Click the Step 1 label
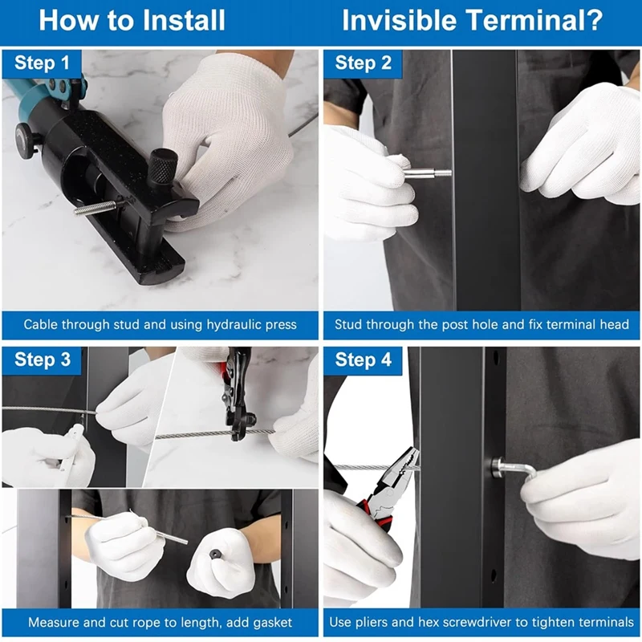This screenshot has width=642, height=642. (42, 63)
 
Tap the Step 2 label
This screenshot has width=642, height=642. (364, 63)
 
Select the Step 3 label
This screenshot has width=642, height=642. (43, 360)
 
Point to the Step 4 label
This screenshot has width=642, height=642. (364, 360)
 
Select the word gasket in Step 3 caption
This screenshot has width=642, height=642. (271, 623)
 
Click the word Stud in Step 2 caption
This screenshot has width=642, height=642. (348, 325)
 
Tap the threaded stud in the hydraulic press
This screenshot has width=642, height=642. (97, 206)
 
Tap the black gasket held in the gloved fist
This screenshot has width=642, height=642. (215, 555)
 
